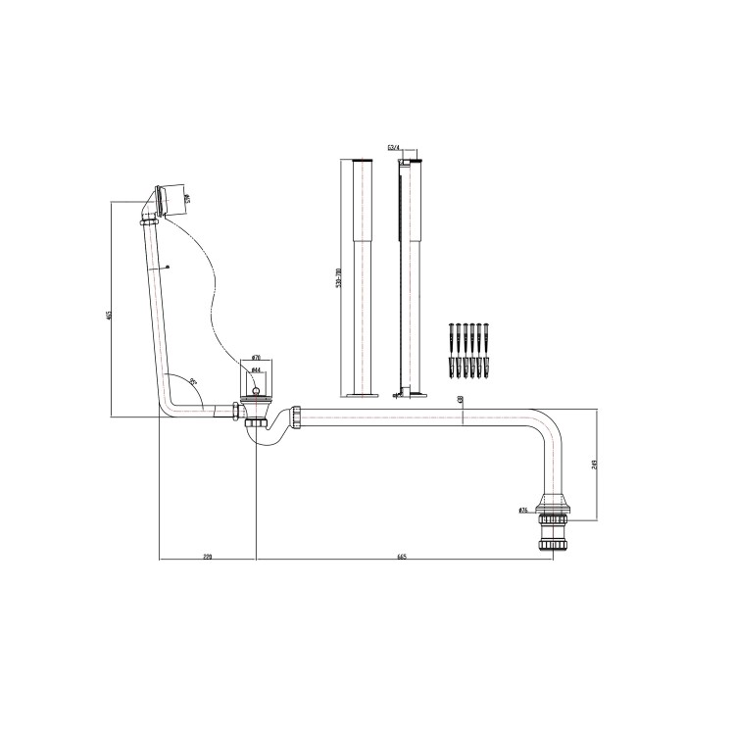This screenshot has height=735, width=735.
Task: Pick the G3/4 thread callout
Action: point(394,147)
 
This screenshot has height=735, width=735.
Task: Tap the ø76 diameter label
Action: point(523,510)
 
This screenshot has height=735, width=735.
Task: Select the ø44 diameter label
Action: point(256,373)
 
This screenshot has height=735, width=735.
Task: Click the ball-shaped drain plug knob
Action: point(258,389)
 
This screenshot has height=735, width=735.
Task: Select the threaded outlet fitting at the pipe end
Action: point(551,534)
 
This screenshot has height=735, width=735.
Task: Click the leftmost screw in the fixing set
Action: point(452,337)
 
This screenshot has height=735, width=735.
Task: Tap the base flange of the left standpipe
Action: point(359,395)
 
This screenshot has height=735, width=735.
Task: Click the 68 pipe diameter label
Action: point(461,400)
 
